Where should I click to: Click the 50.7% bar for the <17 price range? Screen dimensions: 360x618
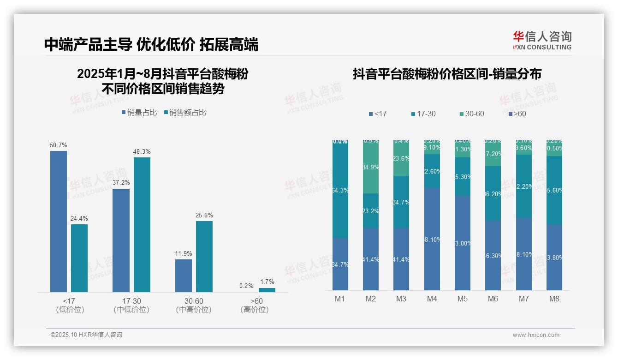59,222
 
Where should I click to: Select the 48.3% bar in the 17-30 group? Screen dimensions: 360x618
142,225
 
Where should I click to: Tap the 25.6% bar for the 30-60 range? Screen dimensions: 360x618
204,257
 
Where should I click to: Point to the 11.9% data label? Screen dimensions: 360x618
184,254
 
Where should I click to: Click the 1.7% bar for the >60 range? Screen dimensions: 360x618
267,290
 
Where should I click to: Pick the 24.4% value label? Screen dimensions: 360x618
79,219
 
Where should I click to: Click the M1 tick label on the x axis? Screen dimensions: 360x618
340,299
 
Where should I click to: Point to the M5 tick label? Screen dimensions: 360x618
463,299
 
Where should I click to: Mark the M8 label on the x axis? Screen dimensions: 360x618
554,299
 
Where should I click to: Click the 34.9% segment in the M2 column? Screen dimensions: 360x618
371,168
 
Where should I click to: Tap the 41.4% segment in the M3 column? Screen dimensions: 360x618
401,259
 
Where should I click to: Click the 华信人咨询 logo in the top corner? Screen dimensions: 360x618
542,40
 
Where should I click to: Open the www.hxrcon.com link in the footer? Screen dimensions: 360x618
536,335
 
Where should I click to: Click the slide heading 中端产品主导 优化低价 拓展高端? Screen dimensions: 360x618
151,44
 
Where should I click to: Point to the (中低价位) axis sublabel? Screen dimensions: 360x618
131,310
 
